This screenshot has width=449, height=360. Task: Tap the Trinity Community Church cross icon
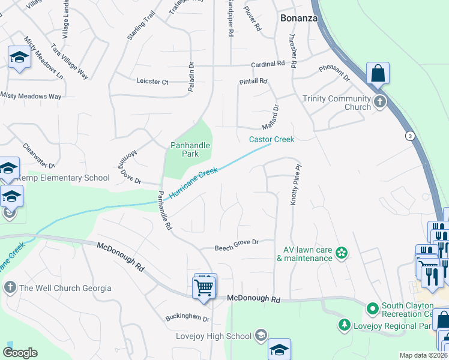point(379,101)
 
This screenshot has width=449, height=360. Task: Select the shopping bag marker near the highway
point(378,74)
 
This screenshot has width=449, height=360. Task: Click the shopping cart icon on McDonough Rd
point(204,287)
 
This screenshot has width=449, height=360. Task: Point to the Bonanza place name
point(298,19)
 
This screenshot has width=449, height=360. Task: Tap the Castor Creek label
point(271,139)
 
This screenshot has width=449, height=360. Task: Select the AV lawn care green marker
point(342,253)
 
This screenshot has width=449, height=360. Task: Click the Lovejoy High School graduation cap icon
point(261,335)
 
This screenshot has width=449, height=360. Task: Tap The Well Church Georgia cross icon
point(10,288)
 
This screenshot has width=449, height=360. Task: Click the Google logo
point(19,353)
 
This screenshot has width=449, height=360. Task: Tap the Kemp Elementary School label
point(62,178)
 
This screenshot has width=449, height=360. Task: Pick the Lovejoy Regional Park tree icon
point(345,325)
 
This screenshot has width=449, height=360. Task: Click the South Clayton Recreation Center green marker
point(372,309)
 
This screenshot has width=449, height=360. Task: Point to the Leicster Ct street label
point(152,81)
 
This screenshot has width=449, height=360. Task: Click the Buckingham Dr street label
point(188,319)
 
